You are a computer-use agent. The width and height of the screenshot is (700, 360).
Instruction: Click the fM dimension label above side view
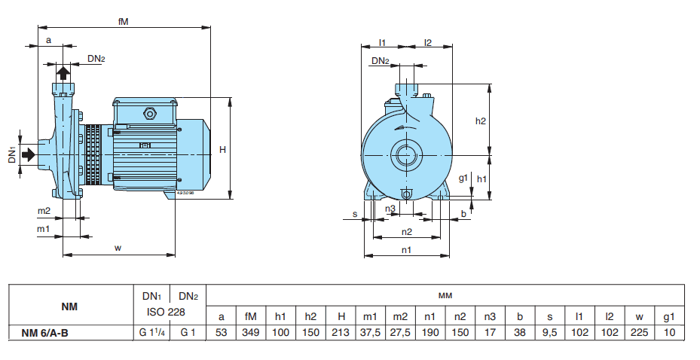(x=123, y=22)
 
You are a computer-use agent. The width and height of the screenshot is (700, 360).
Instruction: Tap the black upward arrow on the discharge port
(x=64, y=72)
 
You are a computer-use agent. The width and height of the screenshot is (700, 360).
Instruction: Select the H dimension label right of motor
(x=222, y=150)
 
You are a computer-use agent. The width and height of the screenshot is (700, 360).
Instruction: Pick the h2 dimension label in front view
(x=481, y=121)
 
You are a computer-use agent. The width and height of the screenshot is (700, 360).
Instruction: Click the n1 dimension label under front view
(x=406, y=249)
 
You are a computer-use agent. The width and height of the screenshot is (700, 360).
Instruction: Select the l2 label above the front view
(x=427, y=43)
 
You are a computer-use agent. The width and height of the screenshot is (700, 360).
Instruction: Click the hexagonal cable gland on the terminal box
(x=148, y=115)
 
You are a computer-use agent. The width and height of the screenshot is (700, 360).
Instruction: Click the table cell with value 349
(x=250, y=332)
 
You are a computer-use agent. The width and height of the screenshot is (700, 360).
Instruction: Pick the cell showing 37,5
(x=369, y=332)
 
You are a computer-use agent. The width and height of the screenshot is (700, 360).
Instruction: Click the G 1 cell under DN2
(x=188, y=332)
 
